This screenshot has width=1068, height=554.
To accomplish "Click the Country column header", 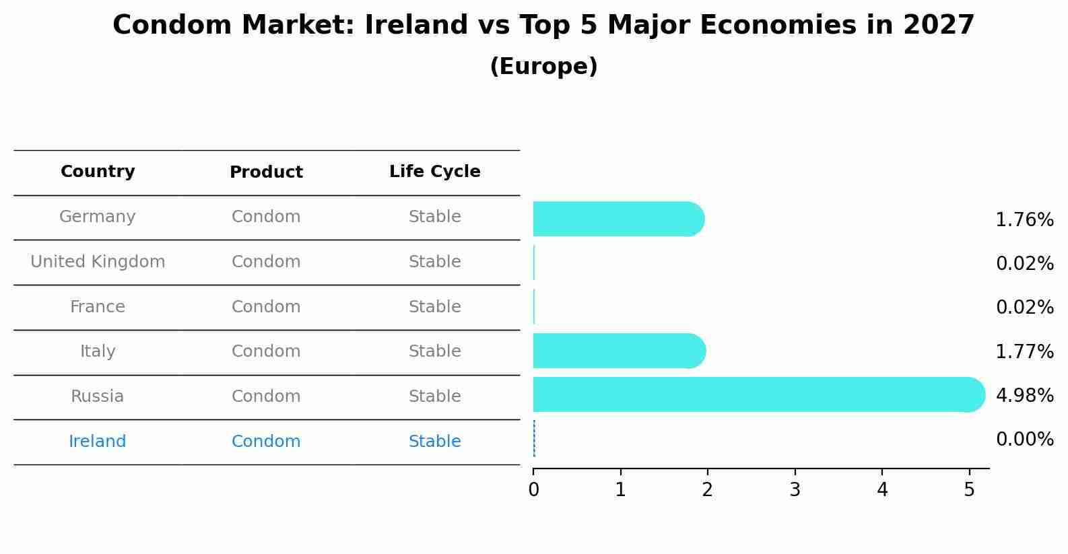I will pos(98,172).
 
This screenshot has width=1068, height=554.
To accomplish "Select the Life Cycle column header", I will pos(434,172).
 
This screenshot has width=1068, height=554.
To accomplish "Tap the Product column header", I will pos(266,172).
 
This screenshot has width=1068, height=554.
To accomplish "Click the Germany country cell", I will pos(98,217).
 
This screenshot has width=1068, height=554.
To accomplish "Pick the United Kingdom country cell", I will pos(98,262).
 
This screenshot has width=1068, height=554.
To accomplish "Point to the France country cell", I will pos(98,307).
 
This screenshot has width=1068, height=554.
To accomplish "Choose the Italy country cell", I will pos(98,351).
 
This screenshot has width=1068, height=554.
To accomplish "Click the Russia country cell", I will pos(98,396).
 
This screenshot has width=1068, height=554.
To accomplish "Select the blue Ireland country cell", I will pos(98,442).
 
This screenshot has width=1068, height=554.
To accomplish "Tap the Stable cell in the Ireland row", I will pos(434,442).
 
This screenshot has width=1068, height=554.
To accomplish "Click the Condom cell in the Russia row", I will pos(266,396).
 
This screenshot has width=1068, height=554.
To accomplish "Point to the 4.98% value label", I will pos(1024,395).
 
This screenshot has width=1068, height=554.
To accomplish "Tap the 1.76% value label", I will pos(1024,220).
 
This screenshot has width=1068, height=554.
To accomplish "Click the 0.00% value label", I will pos(1024,440).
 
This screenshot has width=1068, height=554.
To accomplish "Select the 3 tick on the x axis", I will pos(795,490).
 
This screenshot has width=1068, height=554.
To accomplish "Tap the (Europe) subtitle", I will pos(543,67).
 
